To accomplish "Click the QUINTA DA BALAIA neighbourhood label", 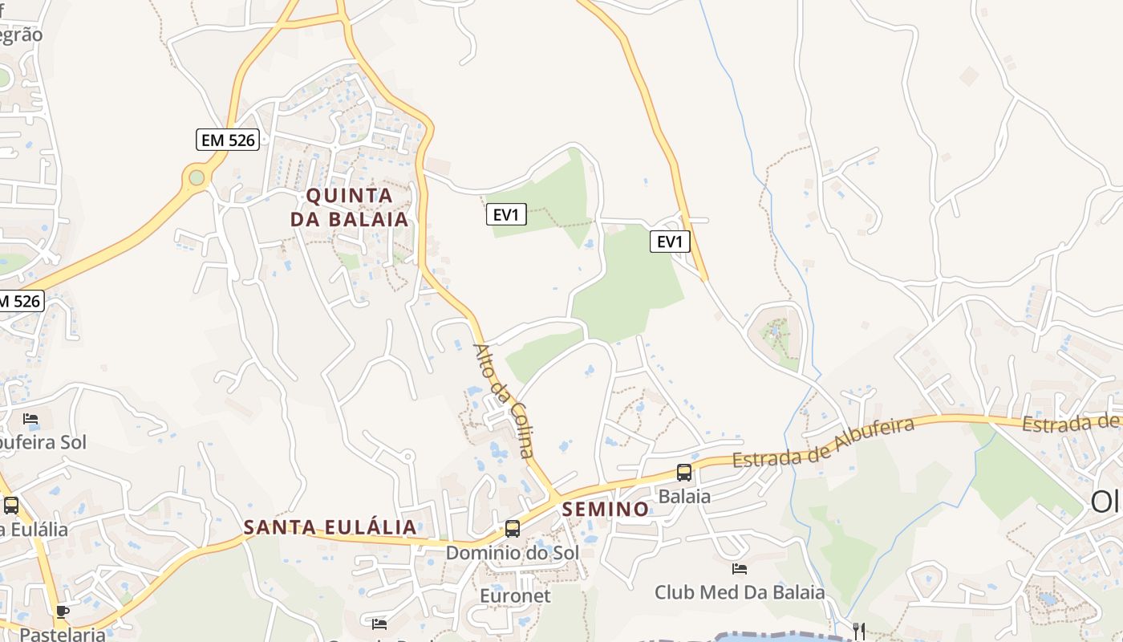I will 349,207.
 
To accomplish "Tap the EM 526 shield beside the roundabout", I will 228,140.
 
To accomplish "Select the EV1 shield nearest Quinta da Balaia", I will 506,214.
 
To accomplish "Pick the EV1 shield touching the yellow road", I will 670,242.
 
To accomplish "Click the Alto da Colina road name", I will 504,400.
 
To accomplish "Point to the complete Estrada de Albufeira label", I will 823,441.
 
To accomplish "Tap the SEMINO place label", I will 606,509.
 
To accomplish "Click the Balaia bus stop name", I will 684,497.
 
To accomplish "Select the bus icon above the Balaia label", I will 684,473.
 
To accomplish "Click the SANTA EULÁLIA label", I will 330,527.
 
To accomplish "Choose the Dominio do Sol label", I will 512,553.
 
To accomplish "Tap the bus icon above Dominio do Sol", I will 512,529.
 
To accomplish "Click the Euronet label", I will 515,595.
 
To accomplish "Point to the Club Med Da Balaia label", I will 740,593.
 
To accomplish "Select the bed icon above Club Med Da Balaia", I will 740,569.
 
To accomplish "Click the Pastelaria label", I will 63,634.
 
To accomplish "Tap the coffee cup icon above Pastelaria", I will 63,612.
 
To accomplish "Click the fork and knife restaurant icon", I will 859,630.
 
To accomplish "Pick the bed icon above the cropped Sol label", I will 30,419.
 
